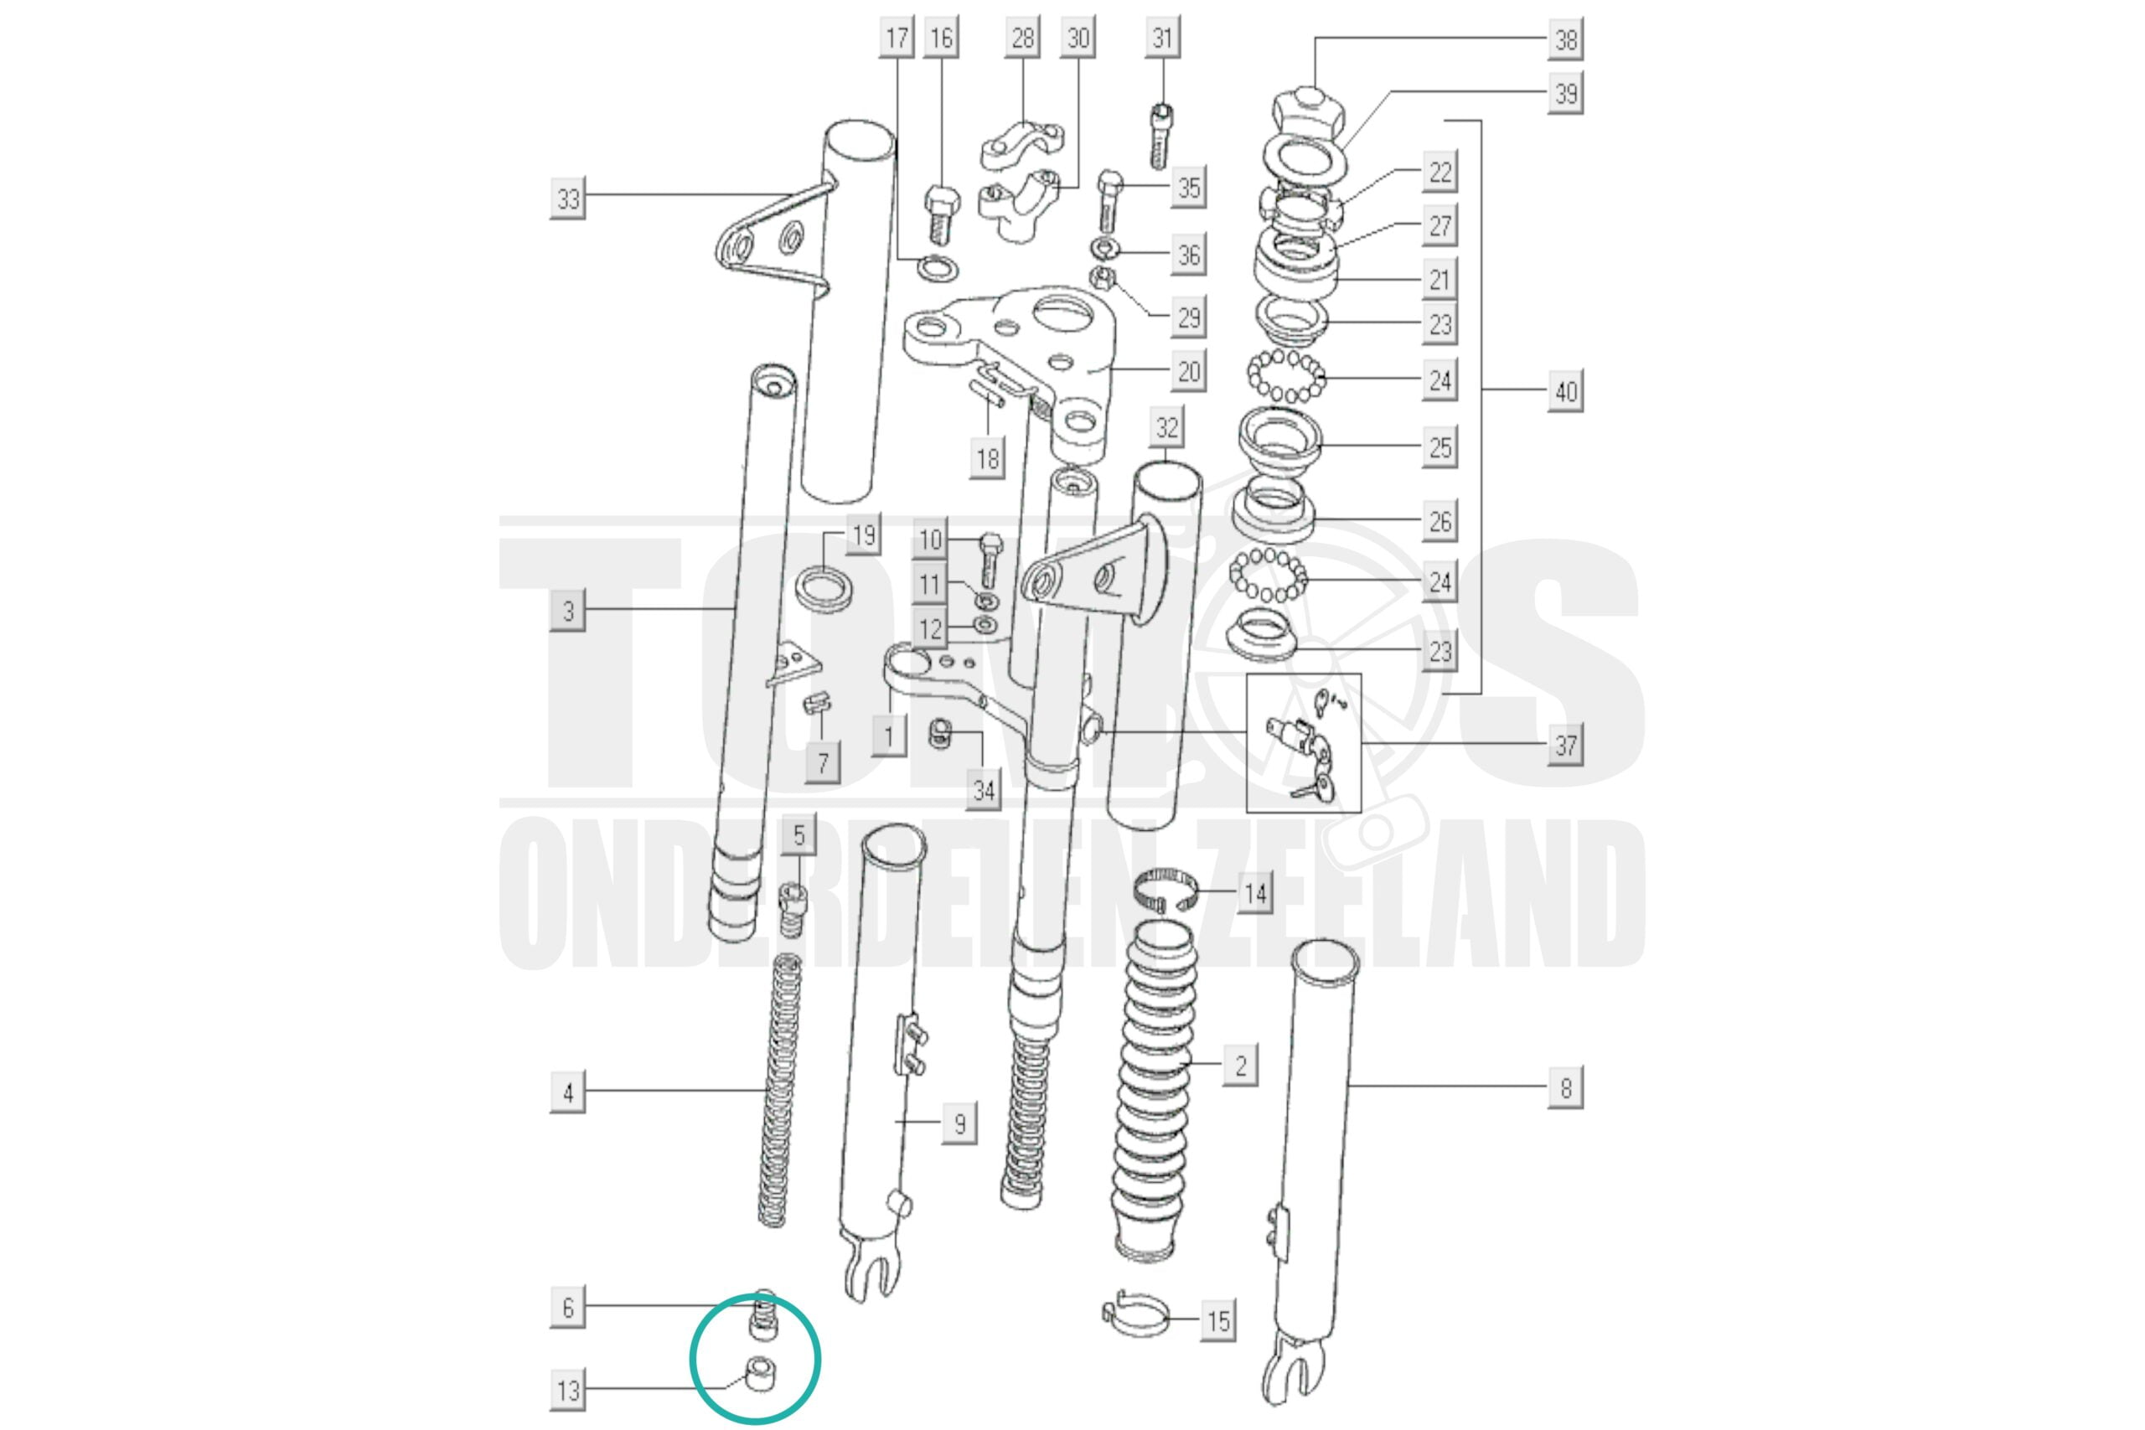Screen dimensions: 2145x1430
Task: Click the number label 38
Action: pos(1565,39)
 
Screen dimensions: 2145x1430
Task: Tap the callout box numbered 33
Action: pos(567,199)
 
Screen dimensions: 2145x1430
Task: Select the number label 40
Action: pos(1565,391)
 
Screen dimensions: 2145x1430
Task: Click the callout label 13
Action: pos(567,1391)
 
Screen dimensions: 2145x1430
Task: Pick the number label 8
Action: pos(1565,1088)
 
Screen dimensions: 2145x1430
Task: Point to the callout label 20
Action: pos(1187,371)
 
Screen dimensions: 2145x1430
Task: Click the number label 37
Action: pos(1565,745)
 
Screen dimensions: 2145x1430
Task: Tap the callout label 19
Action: pos(863,534)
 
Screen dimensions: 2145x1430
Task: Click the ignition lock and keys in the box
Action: pos(1304,744)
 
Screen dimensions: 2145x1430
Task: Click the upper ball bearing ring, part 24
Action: pos(1286,377)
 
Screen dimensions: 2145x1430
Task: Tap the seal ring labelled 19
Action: pos(825,589)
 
